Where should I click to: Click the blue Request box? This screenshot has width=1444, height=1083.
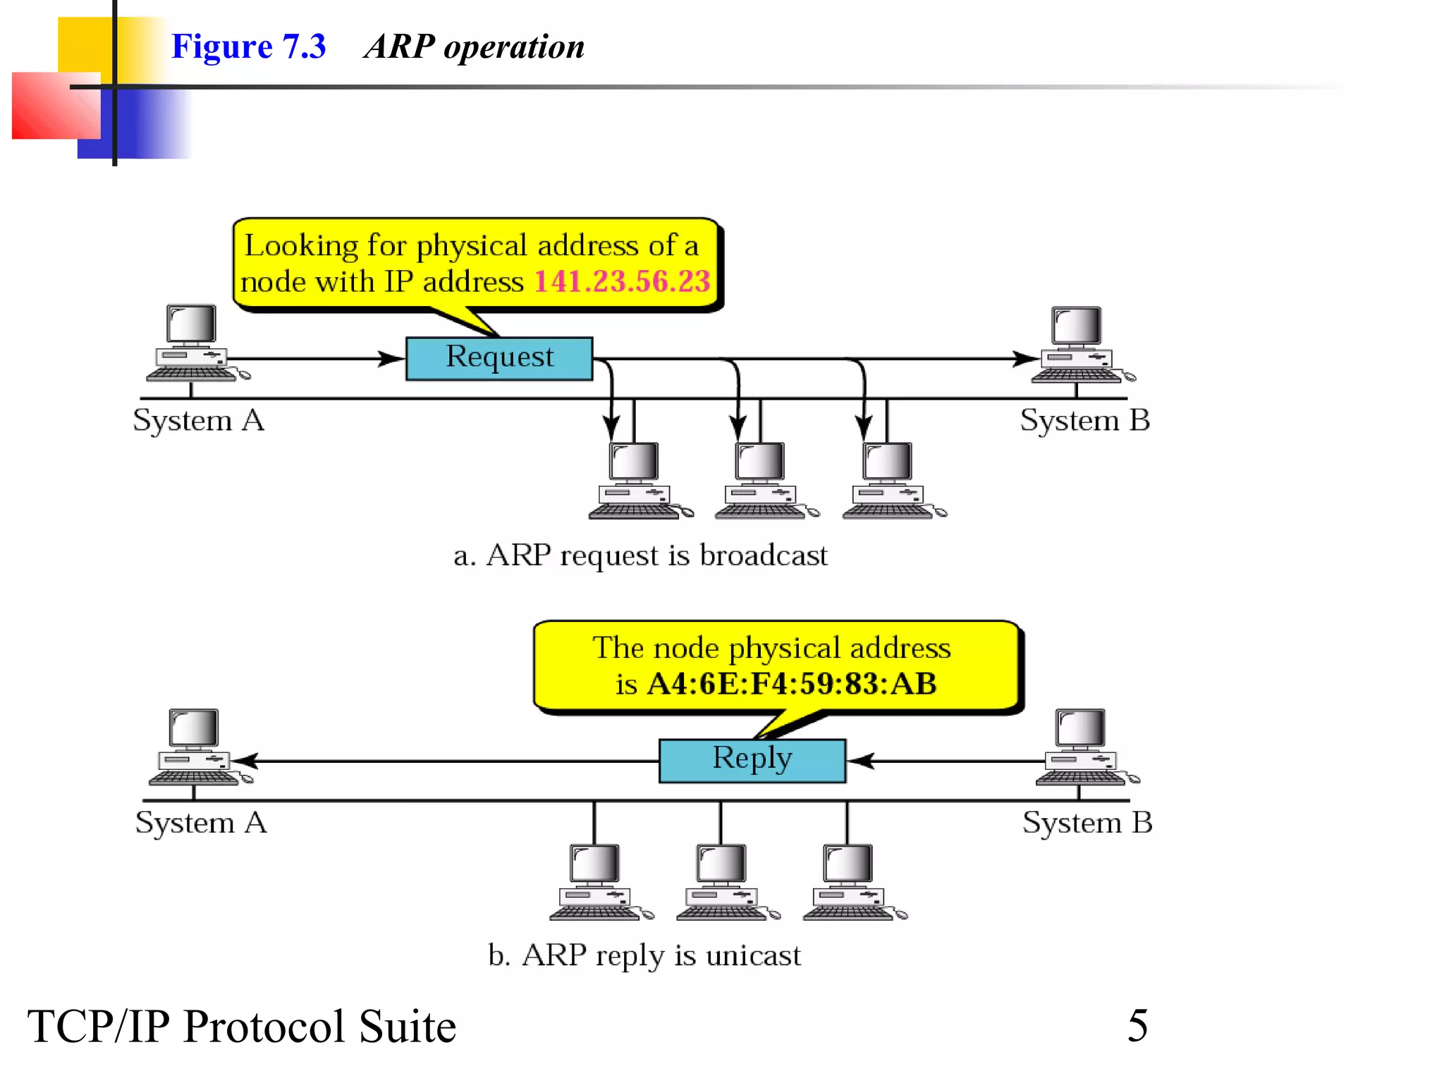tap(498, 358)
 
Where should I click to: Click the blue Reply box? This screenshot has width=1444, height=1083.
tap(752, 760)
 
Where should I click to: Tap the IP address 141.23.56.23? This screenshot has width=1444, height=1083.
tap(622, 281)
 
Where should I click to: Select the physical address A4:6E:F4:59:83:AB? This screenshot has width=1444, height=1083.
tap(792, 683)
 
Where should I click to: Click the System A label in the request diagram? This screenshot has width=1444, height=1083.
tap(198, 420)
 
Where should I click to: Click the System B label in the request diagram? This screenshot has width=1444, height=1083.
tap(1084, 420)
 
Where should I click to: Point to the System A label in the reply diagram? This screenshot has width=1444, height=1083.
tap(201, 822)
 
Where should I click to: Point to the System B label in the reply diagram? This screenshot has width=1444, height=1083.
tap(1087, 822)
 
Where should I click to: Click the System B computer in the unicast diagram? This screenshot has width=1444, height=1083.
tap(1083, 747)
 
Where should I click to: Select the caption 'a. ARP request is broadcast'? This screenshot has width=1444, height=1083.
tap(640, 556)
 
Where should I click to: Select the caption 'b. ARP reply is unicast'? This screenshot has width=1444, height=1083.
tap(644, 955)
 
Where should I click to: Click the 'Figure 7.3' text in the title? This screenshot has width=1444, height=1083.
tap(248, 47)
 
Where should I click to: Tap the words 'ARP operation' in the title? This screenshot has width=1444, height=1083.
tap(474, 47)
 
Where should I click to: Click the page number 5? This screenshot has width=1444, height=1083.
tap(1137, 1025)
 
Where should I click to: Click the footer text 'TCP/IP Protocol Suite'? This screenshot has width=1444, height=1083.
tap(241, 1027)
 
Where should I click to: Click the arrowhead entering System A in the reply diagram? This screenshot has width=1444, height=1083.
tap(245, 761)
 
